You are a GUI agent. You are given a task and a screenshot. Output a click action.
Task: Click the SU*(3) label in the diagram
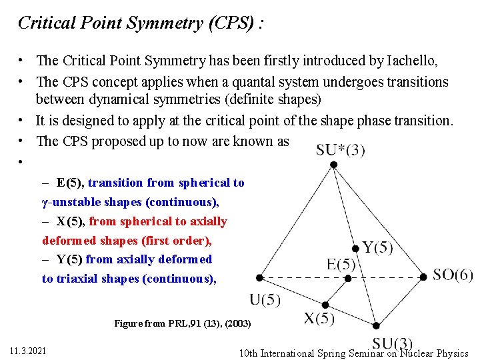(x=340, y=150)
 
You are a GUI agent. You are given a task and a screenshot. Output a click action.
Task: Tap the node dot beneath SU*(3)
(x=333, y=164)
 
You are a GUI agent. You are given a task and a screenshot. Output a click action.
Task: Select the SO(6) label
(x=453, y=275)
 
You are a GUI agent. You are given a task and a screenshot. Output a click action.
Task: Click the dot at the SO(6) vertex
(x=423, y=277)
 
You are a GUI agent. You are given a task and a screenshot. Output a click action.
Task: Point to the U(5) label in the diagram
(x=265, y=299)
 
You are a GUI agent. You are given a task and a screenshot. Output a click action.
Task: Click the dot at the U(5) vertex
(x=259, y=277)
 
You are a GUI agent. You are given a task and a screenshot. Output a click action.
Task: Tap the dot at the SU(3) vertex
(x=376, y=326)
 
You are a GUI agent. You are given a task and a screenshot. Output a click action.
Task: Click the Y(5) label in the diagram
(x=377, y=248)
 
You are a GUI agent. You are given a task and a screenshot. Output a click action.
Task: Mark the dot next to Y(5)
(x=355, y=249)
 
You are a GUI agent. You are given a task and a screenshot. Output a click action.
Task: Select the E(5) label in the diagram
(x=341, y=264)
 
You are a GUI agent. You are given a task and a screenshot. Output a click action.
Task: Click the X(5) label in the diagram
(x=319, y=318)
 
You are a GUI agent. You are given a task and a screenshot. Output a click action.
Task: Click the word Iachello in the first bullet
(x=411, y=61)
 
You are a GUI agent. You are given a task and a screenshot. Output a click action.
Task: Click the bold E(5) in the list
(x=70, y=183)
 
